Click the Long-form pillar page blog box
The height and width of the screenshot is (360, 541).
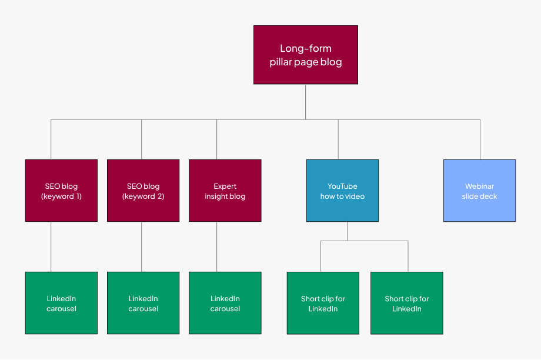point(305,55)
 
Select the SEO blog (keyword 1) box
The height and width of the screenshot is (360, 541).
point(61,191)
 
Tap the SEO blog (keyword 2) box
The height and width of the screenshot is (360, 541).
point(143,191)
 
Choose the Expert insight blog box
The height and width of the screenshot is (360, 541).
point(225,191)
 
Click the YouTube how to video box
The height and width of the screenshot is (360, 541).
point(342,191)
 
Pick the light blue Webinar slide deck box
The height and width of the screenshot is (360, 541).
point(479,191)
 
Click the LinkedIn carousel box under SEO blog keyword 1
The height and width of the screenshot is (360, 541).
point(61,303)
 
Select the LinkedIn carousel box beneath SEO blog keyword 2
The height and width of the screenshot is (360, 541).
point(143,303)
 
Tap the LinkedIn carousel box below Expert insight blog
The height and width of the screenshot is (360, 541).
point(225,303)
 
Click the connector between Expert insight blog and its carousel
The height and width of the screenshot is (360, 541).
point(217,246)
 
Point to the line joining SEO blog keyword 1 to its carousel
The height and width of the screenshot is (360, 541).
point(51,246)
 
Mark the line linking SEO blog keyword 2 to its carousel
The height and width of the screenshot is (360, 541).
point(142,246)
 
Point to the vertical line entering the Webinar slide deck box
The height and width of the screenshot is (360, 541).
point(480,139)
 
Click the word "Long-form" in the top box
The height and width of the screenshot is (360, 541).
point(305,49)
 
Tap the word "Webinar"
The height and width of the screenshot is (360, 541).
point(479,186)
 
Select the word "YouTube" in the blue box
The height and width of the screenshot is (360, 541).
point(342,186)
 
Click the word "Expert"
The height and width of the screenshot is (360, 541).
point(225,186)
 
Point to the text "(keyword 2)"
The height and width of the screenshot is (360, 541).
point(143,196)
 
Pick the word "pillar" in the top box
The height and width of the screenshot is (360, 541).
point(282,62)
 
